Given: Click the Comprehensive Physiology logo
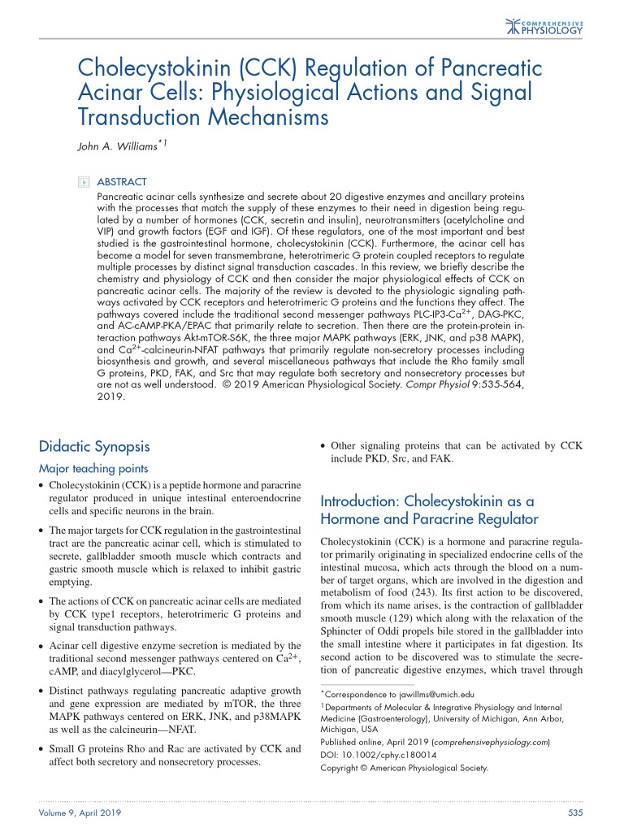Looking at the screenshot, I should [x=544, y=27].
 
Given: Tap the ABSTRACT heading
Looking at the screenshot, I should [x=122, y=182].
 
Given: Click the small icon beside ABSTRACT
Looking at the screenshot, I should [x=83, y=182].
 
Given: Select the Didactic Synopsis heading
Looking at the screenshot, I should [x=93, y=446].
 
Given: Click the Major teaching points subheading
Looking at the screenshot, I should [x=93, y=468].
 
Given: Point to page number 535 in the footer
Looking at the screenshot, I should [x=575, y=813].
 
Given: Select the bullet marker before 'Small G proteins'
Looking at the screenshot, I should [x=42, y=750].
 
